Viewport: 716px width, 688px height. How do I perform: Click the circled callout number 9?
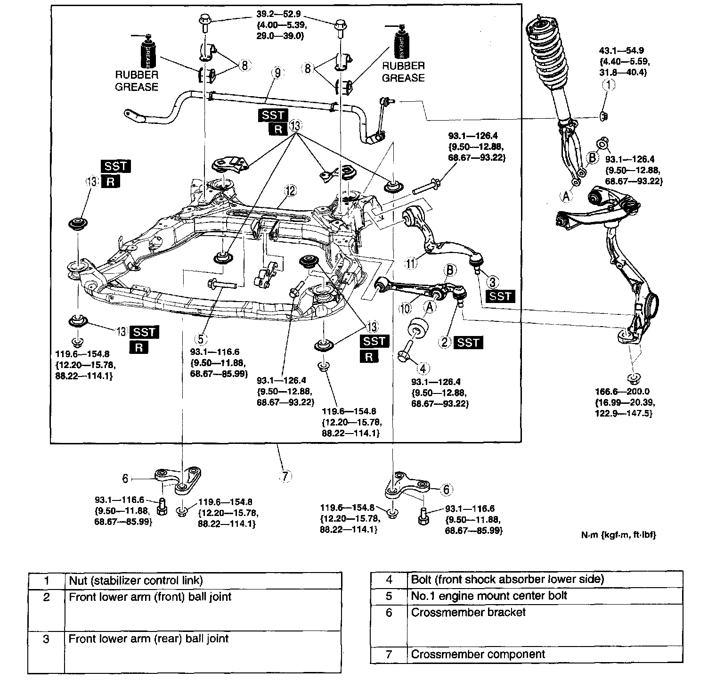coord(277,73)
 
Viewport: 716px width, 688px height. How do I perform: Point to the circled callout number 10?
coord(405,308)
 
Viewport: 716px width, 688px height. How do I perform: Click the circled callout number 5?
coord(201,339)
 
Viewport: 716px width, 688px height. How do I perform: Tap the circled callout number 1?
coord(610,85)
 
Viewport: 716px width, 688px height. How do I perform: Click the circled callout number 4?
coord(423,368)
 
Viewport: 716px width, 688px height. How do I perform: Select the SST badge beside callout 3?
coord(500,296)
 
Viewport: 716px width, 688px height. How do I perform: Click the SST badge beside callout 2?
coord(468,343)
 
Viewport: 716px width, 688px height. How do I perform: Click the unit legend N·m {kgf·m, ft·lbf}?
coord(618,535)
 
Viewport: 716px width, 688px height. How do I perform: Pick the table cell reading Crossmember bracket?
coord(468,613)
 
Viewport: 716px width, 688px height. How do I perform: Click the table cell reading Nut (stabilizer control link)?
coord(136,581)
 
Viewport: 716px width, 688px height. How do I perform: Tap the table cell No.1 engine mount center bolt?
coord(489,596)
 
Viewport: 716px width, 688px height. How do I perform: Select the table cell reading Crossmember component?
coord(478,655)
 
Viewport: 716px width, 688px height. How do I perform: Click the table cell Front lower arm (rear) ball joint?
coord(148,639)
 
